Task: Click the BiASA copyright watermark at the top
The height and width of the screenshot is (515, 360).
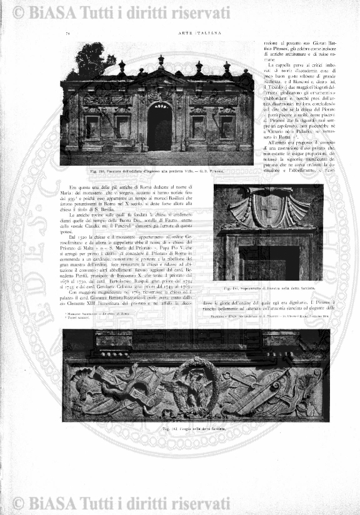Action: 180,11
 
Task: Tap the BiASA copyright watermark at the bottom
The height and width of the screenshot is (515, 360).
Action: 180,504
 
